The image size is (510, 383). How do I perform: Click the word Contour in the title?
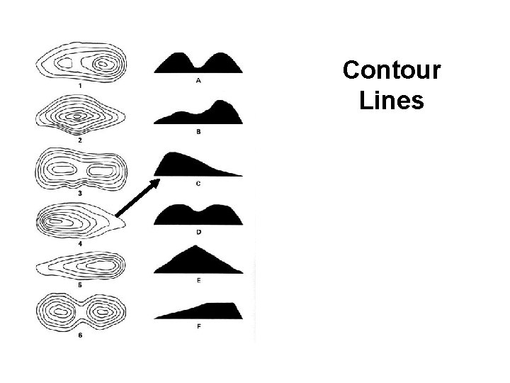[392, 71]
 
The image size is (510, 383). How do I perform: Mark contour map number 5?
[80, 267]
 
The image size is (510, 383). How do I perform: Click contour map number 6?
[80, 311]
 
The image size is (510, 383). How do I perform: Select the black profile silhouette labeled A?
[198, 64]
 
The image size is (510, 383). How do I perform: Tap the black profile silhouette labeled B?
[199, 114]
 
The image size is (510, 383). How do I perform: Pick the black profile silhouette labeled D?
[198, 216]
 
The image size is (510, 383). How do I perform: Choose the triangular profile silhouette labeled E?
[198, 261]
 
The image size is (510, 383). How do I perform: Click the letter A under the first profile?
[198, 81]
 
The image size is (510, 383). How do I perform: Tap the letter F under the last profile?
[198, 328]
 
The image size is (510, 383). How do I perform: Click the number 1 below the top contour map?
[80, 86]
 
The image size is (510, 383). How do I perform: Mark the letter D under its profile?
[198, 232]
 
